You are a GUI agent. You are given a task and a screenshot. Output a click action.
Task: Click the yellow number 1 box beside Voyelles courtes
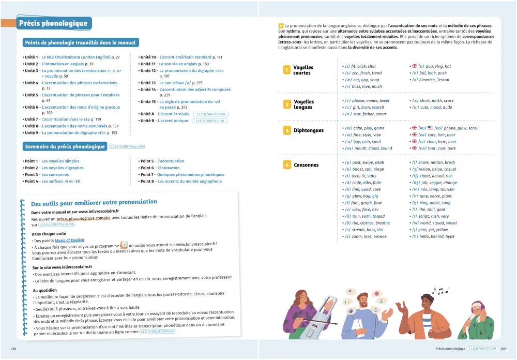coord(286,70)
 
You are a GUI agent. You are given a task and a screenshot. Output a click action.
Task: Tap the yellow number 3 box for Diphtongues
coord(286,131)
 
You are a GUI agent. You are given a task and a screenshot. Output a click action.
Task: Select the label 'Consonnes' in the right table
coord(306,165)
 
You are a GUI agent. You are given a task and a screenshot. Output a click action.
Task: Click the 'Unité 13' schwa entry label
coord(148,83)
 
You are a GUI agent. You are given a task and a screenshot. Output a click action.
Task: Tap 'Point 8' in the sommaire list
coord(147,182)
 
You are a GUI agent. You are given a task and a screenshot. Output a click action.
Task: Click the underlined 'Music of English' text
coord(70,240)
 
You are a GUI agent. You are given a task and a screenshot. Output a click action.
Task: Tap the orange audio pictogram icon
coord(124,245)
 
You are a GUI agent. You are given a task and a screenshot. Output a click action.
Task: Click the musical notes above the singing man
coord(440,291)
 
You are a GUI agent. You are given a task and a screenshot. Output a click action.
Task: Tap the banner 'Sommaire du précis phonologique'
coord(65,146)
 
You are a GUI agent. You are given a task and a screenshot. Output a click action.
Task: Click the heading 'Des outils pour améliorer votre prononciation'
coord(94,202)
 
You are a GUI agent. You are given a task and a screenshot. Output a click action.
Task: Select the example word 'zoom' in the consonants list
coord(357,236)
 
